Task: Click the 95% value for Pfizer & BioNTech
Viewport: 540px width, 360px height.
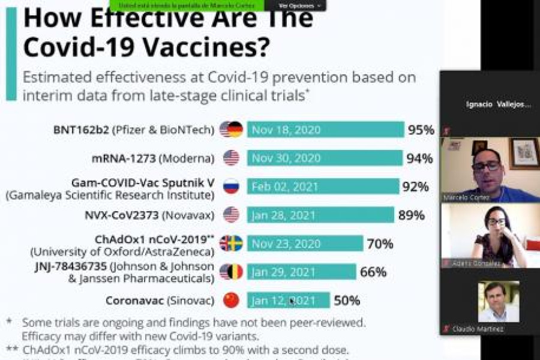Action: click(421, 130)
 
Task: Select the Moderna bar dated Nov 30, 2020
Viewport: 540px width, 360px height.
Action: click(324, 158)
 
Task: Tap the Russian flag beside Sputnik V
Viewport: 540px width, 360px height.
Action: click(230, 187)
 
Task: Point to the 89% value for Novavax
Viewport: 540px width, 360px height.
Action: click(411, 215)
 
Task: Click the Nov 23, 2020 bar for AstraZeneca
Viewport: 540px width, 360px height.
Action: click(304, 244)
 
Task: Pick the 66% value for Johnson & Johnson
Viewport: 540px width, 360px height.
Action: click(373, 272)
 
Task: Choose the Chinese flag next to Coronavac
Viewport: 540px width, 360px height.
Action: click(230, 300)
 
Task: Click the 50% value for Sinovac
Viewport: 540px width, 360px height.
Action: click(347, 300)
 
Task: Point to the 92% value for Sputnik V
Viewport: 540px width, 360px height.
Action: click(415, 187)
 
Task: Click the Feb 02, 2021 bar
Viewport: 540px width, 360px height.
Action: click(322, 187)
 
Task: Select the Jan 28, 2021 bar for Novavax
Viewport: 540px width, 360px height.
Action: click(320, 215)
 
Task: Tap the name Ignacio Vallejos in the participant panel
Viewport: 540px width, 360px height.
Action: click(498, 104)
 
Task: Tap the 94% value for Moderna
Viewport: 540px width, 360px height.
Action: click(419, 158)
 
